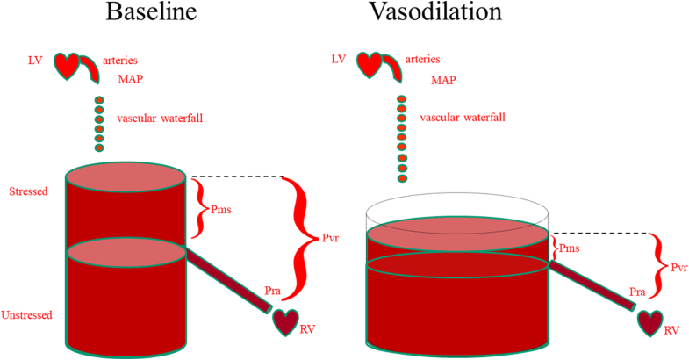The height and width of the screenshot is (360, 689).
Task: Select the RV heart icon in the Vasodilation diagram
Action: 650,322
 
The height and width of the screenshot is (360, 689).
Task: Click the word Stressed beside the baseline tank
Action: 28,191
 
